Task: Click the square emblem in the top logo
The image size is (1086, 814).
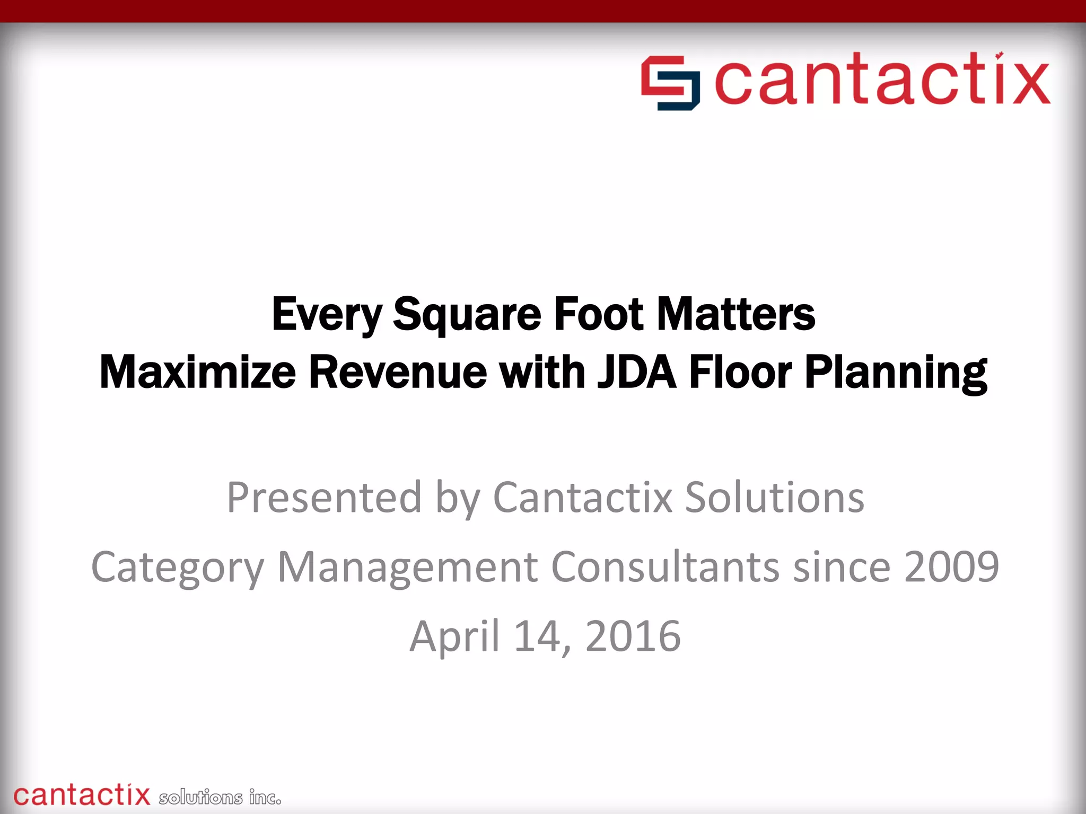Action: click(x=670, y=83)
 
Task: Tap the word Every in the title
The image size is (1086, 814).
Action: click(x=327, y=315)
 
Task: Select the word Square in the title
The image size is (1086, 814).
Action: click(x=467, y=315)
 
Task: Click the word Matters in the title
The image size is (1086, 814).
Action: click(x=736, y=314)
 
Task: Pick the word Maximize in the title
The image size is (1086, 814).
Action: click(x=197, y=372)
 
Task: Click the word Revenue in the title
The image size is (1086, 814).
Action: click(x=398, y=372)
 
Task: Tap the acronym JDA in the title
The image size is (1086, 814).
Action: click(x=636, y=372)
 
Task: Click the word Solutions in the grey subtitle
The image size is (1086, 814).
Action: click(x=774, y=498)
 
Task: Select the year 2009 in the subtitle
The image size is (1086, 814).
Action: click(x=951, y=567)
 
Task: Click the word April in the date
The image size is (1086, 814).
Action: click(x=454, y=636)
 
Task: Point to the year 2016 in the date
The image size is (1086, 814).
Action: click(x=633, y=636)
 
